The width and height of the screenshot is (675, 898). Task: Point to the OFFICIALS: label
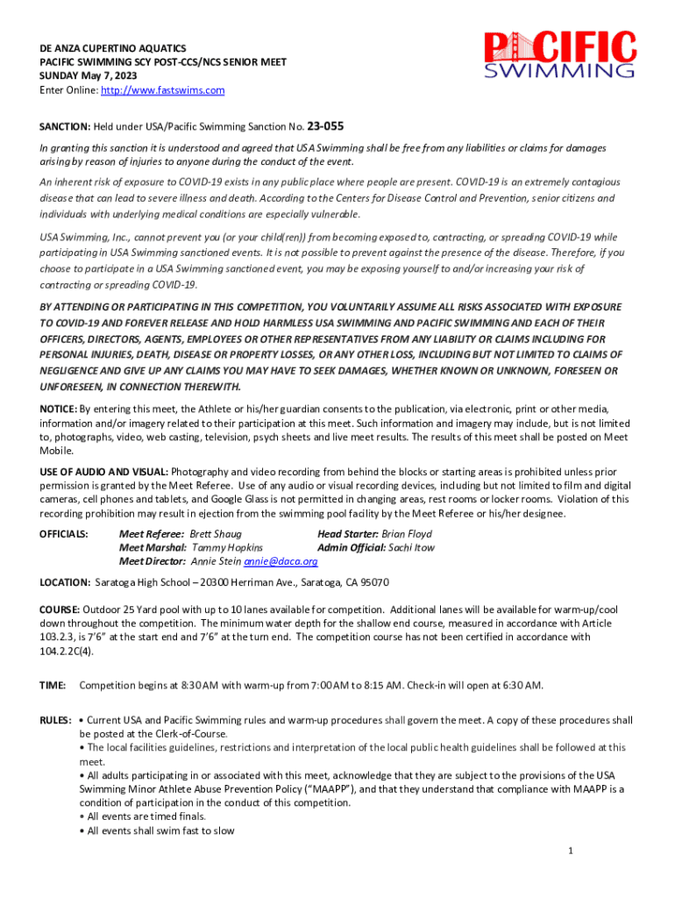coord(64,534)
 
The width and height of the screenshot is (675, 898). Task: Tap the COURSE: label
coord(60,609)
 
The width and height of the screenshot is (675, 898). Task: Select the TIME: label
coord(53,685)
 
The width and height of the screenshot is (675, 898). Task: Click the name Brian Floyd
coord(407,534)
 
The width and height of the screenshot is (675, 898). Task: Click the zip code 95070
coord(373,582)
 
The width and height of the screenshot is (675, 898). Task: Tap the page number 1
coord(570,851)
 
